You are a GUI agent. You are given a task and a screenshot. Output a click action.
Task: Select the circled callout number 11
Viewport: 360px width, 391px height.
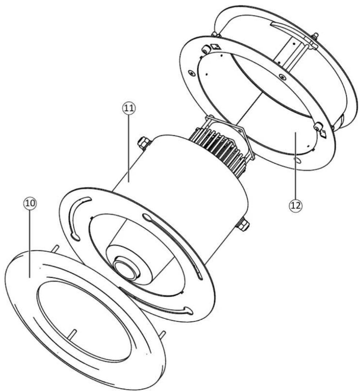[x=129, y=108]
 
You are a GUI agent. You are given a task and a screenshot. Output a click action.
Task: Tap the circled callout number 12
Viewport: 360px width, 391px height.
[x=296, y=205]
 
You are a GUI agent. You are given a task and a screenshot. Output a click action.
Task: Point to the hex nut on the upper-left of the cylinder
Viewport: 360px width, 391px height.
[x=144, y=143]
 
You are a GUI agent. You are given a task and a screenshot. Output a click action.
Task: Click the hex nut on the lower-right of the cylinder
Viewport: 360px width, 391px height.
[x=242, y=223]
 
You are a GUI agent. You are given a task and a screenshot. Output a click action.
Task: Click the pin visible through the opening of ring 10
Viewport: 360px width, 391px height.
[x=73, y=333]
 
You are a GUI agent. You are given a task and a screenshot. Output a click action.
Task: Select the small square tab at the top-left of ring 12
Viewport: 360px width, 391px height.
[x=215, y=46]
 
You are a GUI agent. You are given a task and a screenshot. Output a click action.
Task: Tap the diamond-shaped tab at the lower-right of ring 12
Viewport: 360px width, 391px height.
[x=323, y=134]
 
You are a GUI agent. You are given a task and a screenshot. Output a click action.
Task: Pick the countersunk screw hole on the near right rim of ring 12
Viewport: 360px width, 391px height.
[x=282, y=76]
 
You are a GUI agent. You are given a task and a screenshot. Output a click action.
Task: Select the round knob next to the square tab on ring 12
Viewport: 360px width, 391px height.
[x=206, y=49]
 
